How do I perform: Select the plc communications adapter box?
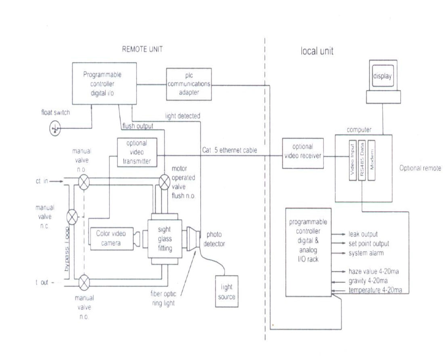pos(189,84)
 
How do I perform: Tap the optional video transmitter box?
pos(136,152)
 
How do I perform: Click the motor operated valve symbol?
pos(164,182)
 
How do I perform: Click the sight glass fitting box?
pos(165,239)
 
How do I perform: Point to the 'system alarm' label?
pos(366,253)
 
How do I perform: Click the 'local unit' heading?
pos(317,51)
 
